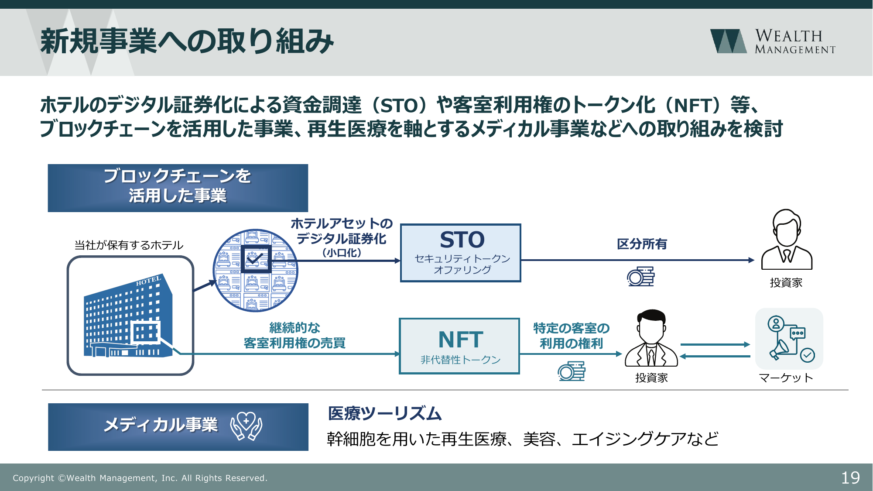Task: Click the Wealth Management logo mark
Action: [728, 41]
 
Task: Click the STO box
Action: [461, 253]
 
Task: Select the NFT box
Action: [459, 346]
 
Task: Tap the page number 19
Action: [850, 477]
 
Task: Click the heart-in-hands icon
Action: [246, 426]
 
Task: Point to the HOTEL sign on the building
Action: [148, 281]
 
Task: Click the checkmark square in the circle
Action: [256, 259]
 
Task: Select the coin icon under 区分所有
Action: [641, 277]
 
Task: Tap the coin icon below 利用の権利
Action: [572, 371]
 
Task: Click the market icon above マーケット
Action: [789, 339]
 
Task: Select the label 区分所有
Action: [642, 244]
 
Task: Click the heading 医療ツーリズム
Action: [384, 413]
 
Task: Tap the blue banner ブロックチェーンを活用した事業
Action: [178, 188]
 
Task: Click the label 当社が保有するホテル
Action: [129, 245]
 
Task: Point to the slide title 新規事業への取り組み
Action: [187, 41]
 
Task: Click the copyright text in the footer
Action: [140, 478]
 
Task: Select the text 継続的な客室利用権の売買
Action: [294, 335]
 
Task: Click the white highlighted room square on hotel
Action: [145, 333]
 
